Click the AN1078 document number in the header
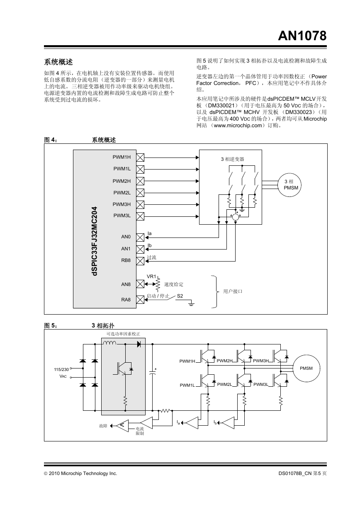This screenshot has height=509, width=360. pos(302,36)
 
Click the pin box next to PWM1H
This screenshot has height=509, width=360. pos(140,158)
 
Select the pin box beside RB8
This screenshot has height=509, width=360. pos(140,261)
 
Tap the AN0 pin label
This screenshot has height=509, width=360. pos(126,237)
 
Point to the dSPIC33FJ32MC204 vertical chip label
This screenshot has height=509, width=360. pos(95,241)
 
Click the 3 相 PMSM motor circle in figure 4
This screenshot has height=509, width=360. pos(289,185)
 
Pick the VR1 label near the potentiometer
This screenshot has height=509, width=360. pos(151,276)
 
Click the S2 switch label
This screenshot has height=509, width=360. pos(180,296)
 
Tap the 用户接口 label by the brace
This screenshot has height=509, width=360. pos(233,291)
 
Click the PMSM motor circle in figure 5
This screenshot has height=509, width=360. pos(306,368)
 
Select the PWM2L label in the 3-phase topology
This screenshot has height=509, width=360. pos(224,384)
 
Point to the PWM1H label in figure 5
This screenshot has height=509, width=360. pos(187,361)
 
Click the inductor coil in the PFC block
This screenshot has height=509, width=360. pos(109,343)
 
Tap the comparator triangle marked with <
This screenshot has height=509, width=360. pos(122,426)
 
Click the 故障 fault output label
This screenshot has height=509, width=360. pos(103,426)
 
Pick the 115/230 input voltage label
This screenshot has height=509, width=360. pos(61,369)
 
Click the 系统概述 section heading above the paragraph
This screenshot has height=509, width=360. pos(58,62)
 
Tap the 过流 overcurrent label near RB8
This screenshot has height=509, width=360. pos(151,257)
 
